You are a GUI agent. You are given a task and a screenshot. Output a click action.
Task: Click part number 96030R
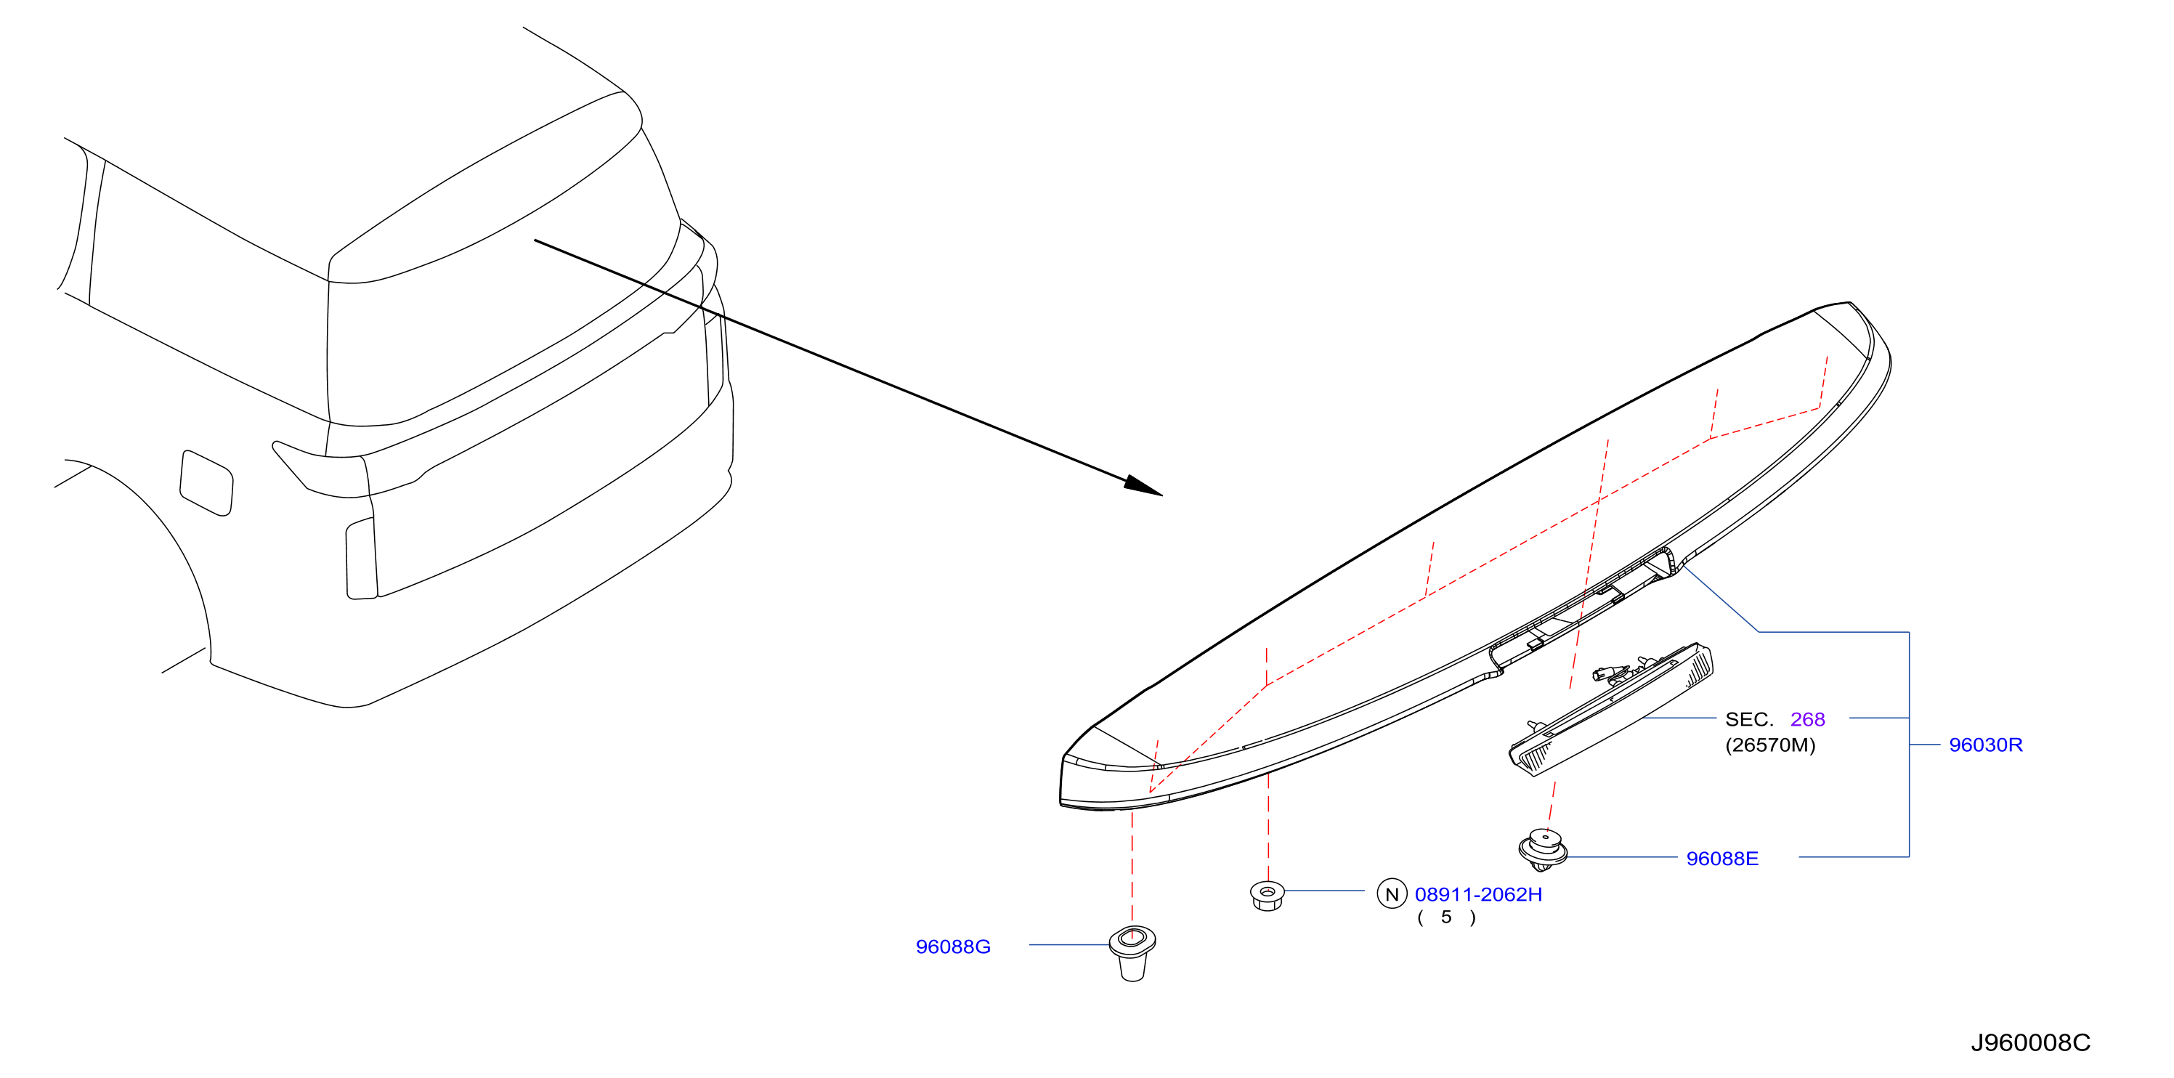(1985, 745)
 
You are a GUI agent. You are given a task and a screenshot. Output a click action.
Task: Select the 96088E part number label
(1721, 859)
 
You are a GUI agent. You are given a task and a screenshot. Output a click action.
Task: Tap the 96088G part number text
(953, 947)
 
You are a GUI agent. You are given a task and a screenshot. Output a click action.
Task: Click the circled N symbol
(1392, 894)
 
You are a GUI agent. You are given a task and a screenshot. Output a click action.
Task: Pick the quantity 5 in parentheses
(1446, 917)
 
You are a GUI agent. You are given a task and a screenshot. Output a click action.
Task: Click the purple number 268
(1807, 719)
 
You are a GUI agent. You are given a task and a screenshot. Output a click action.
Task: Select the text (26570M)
(1769, 745)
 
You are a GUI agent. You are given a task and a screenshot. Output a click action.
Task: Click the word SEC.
(1748, 719)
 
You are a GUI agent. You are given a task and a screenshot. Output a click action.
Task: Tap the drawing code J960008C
(2029, 1042)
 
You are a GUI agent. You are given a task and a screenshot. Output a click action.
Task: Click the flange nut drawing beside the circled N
(1267, 896)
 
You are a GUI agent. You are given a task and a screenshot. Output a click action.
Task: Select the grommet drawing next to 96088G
(1132, 953)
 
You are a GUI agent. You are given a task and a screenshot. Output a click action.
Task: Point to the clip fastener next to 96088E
(1543, 850)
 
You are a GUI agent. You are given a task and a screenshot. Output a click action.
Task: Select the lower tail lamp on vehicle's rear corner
(361, 559)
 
